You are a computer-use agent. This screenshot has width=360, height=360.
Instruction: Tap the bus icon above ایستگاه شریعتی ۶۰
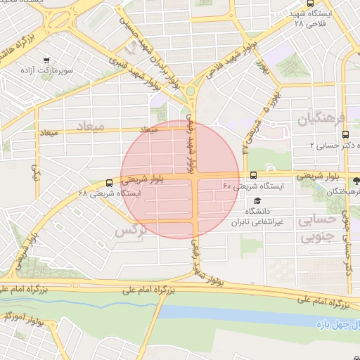253,175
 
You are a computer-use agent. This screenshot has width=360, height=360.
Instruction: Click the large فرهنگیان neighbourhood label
322,118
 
